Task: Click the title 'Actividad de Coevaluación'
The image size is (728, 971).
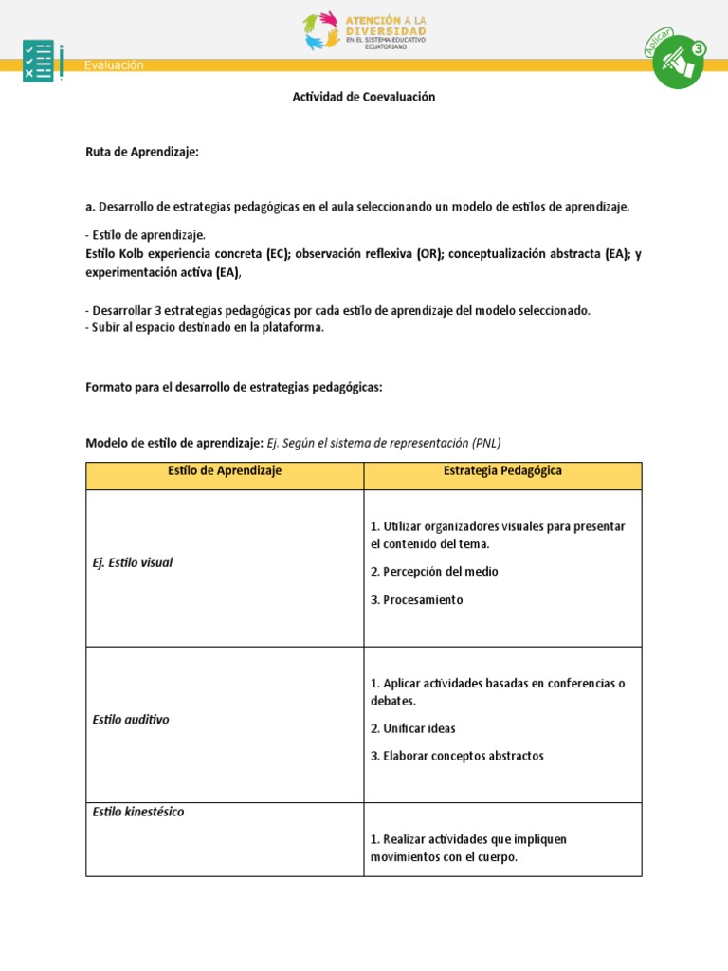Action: (x=364, y=97)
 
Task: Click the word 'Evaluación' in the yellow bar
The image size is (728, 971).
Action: (x=114, y=65)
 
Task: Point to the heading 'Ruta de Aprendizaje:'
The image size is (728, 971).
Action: (x=142, y=152)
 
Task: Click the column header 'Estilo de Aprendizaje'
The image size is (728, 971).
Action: (x=225, y=471)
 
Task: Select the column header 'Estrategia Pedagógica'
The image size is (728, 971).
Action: (x=502, y=471)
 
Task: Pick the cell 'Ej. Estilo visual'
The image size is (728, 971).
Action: (x=133, y=562)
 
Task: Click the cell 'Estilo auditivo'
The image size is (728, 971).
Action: (x=131, y=720)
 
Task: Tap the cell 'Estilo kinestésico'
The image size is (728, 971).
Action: (x=138, y=812)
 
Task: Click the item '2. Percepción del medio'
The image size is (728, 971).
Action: (x=434, y=572)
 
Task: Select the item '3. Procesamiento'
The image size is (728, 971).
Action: (x=417, y=600)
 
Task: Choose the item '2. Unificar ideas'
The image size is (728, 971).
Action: (x=413, y=728)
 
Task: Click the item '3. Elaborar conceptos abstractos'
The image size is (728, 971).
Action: (x=457, y=756)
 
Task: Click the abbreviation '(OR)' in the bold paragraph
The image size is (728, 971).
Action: (x=428, y=254)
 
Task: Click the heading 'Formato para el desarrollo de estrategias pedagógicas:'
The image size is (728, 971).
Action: (x=234, y=387)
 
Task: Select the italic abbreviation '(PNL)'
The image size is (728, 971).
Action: (x=484, y=443)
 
